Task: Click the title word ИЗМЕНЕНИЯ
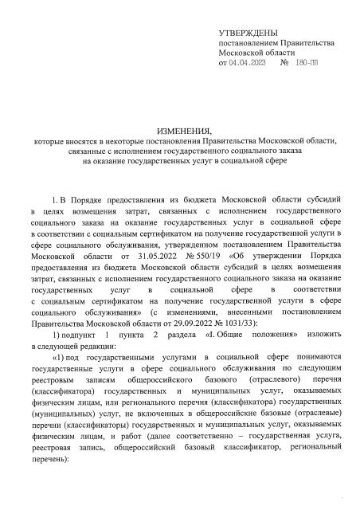[179, 129]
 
